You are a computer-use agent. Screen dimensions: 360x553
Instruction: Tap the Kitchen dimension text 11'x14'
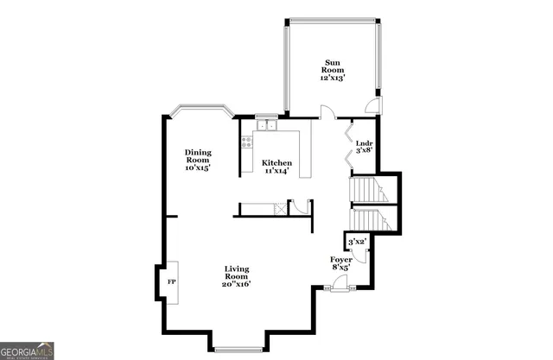(276, 171)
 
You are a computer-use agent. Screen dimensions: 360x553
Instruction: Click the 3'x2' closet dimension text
(355, 242)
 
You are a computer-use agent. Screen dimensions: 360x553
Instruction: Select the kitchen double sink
(266, 127)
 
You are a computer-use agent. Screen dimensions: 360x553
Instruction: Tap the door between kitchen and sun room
(326, 112)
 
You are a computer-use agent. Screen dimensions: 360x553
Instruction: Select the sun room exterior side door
(372, 105)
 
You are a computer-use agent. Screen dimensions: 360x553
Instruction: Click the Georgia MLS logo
(28, 351)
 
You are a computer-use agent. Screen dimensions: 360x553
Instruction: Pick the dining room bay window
(200, 111)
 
